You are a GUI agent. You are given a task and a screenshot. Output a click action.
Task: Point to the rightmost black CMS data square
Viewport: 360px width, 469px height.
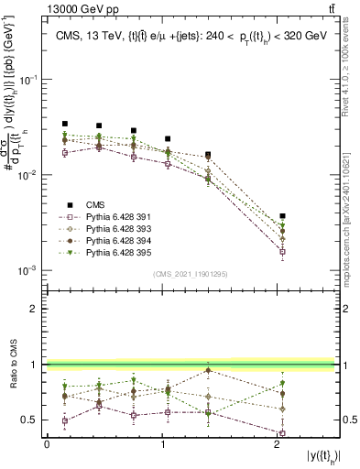[x=283, y=216]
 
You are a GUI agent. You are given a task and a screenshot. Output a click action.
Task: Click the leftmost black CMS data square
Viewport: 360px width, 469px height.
[x=64, y=124]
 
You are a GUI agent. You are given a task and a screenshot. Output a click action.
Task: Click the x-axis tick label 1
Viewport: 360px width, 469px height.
[x=163, y=444]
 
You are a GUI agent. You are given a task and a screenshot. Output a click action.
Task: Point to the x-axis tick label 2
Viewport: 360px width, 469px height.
[x=278, y=444]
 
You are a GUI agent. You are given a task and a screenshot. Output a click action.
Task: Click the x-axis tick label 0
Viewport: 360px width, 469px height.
[x=47, y=444]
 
